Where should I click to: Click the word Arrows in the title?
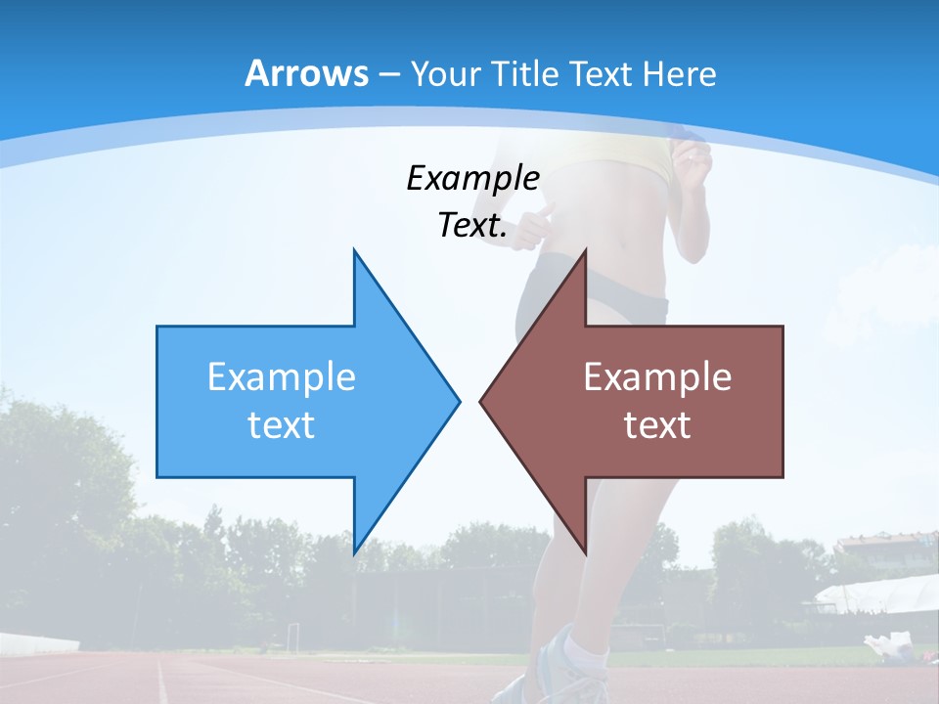(306, 73)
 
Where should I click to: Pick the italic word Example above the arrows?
(472, 178)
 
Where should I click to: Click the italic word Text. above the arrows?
(472, 226)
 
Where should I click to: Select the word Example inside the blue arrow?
(282, 376)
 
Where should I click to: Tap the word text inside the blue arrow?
(282, 424)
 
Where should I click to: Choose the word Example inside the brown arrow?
(657, 376)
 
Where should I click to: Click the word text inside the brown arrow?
(657, 424)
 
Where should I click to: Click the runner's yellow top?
(626, 161)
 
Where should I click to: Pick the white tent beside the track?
(875, 593)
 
